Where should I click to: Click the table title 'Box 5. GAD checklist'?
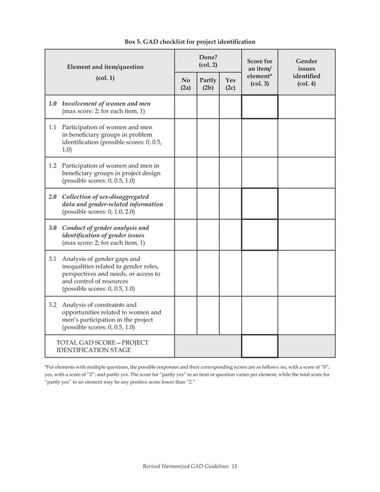(189, 42)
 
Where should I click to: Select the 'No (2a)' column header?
(185, 84)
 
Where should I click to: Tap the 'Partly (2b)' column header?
(208, 84)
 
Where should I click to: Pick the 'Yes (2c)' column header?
(230, 84)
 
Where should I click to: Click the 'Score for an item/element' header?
(259, 72)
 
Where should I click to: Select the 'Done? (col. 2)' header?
(207, 60)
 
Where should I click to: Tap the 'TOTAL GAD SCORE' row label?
(102, 347)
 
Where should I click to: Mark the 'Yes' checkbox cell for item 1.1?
(230, 138)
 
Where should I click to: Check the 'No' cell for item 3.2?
(185, 316)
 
